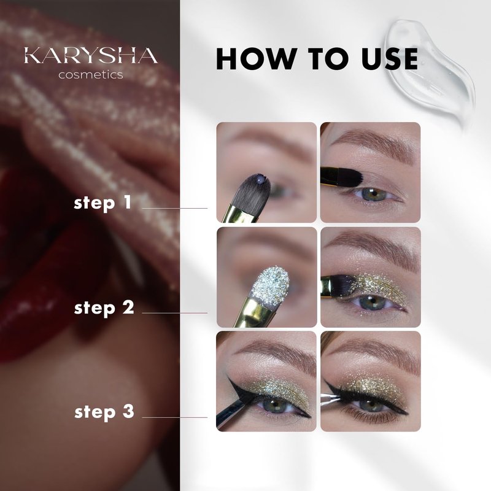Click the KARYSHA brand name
coord(91,55)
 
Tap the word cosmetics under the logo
coord(90,75)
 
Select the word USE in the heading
coord(390,58)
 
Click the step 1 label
coord(102,203)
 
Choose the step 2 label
coord(104,308)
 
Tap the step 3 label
coord(104,412)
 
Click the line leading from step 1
coord(175,208)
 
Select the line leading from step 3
coord(175,417)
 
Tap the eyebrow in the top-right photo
coord(374,143)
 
